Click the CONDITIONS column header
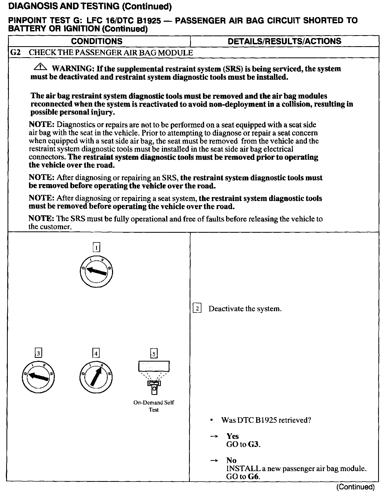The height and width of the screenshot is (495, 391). [97, 41]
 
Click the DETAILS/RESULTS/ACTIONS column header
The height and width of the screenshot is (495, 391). [284, 41]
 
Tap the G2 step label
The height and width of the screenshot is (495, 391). [15, 53]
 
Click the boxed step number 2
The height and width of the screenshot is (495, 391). [197, 309]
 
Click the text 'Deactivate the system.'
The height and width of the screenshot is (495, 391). [245, 309]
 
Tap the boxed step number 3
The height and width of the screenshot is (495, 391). [38, 353]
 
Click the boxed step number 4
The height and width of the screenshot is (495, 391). [96, 353]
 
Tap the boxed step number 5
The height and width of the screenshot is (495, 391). [154, 353]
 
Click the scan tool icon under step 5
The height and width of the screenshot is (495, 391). [154, 377]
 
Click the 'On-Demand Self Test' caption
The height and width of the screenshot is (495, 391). [154, 406]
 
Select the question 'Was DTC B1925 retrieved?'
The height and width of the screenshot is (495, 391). [266, 420]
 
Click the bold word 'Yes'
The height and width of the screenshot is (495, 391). [233, 436]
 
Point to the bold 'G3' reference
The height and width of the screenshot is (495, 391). [254, 444]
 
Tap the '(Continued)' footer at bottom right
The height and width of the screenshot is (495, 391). [355, 487]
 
